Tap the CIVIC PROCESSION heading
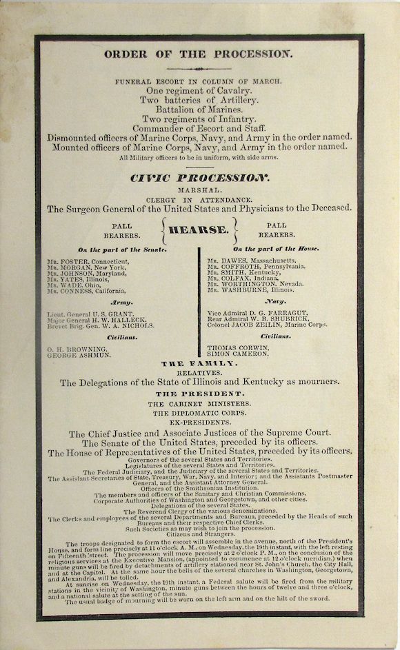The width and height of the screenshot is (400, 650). coord(199,177)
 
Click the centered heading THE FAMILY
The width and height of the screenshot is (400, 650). coord(199,363)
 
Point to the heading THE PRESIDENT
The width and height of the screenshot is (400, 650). coord(199,394)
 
